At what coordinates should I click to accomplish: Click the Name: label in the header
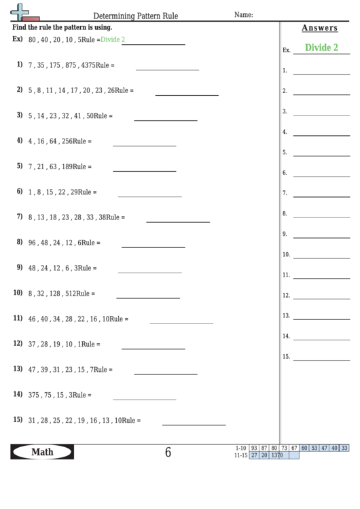243,14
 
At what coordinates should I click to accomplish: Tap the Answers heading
319,28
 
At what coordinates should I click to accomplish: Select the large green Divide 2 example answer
321,48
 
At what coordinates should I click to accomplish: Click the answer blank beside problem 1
167,69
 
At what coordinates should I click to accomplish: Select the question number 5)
19,165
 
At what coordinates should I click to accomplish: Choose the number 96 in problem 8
33,243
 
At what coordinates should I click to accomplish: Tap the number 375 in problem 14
35,395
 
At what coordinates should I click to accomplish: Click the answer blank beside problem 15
194,425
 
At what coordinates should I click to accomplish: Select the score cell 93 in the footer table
254,448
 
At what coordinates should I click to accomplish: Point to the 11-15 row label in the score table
241,455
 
